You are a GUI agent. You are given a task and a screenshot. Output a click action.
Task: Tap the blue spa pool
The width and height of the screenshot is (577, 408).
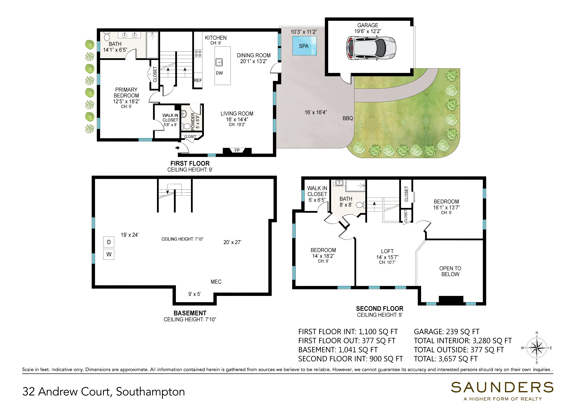[x=304, y=46]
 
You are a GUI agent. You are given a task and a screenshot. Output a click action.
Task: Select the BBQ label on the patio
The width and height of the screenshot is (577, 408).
[x=348, y=118]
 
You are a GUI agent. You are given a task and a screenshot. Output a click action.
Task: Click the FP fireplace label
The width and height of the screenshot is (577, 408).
[x=237, y=150]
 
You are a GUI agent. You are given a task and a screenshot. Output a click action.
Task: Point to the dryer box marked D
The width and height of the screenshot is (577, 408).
[x=109, y=242]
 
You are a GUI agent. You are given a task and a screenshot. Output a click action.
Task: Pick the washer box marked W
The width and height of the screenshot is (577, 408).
[x=109, y=254]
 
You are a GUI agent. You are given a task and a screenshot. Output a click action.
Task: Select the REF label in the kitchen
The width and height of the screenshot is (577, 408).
[x=198, y=80]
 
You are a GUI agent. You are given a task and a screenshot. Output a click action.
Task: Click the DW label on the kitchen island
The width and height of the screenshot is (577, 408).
[x=219, y=73]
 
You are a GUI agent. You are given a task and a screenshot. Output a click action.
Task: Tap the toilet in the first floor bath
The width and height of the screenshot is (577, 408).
[x=107, y=37]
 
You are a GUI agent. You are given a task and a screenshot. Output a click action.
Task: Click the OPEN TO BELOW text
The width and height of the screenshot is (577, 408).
[x=450, y=271]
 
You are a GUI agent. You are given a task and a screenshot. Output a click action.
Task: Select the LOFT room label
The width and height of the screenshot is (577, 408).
[x=387, y=251]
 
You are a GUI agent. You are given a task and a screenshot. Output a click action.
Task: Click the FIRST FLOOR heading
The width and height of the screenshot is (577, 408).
[x=190, y=164]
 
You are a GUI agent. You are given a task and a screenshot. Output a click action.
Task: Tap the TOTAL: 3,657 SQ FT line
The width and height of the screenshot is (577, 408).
[x=446, y=359]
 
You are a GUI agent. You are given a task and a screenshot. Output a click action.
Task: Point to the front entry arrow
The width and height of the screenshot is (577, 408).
[x=178, y=148]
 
